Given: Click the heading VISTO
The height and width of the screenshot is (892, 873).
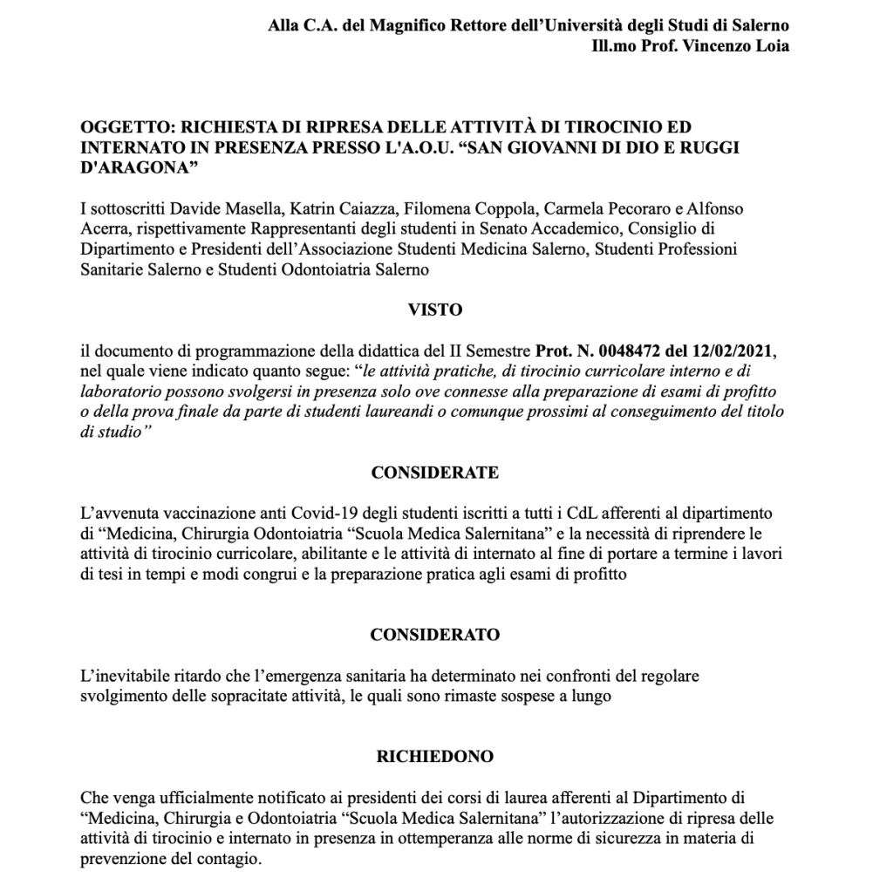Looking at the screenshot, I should [434, 309].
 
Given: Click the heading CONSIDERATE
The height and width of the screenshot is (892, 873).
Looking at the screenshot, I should [434, 473].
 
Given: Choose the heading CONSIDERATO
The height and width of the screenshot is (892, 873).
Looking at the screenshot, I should [434, 635].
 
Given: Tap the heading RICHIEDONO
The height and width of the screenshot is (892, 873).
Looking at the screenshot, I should [434, 756].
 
